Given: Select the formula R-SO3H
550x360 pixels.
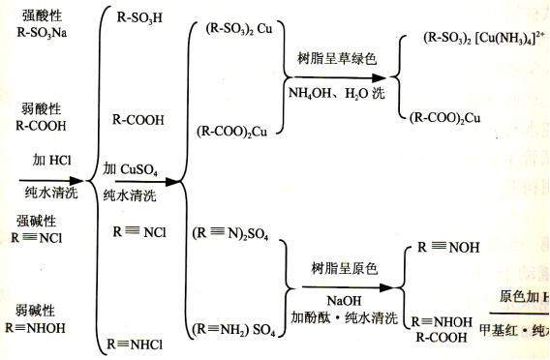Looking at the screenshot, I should point(138,17).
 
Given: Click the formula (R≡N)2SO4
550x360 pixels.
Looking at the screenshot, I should point(230,232).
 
